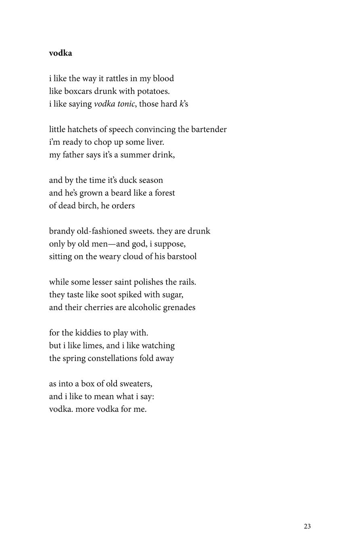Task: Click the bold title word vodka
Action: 60,53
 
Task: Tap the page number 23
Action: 307,526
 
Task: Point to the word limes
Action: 94,346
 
